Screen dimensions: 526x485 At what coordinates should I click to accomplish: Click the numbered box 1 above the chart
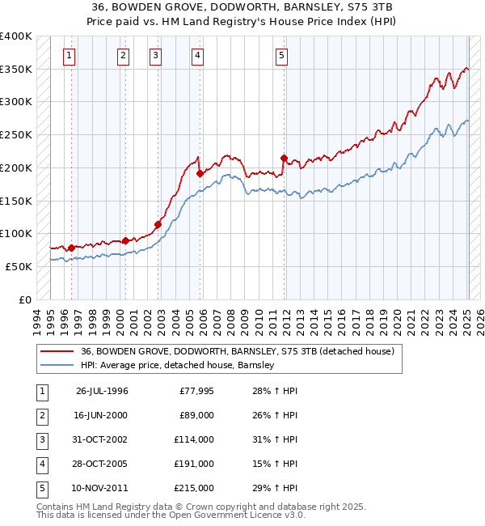pos(70,56)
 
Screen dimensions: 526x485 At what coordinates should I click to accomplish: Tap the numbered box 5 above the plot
pos(281,56)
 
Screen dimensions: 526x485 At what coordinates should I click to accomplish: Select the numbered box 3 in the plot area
pos(155,56)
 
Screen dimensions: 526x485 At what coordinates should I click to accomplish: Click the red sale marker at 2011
pos(284,158)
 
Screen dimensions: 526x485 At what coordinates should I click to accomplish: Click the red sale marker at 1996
pos(71,248)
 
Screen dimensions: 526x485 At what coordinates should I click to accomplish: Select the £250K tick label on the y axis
pos(16,135)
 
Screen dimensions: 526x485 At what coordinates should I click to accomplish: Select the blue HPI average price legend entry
pos(178,365)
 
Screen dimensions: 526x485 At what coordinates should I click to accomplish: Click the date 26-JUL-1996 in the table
pos(102,392)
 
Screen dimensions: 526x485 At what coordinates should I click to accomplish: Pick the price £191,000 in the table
pos(194,464)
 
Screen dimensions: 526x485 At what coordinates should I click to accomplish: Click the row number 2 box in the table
pos(40,416)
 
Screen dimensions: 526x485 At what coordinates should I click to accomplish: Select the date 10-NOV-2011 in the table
pos(102,489)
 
